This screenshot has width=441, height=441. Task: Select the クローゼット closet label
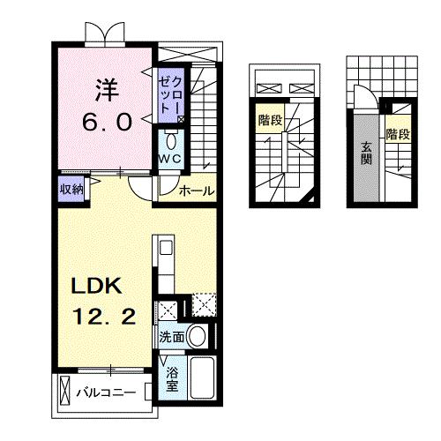click(x=168, y=93)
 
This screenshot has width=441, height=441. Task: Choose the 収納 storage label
click(x=71, y=189)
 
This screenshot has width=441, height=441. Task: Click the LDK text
click(x=101, y=287)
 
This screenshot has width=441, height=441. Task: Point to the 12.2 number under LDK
click(x=104, y=317)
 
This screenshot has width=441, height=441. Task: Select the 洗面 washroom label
click(x=172, y=336)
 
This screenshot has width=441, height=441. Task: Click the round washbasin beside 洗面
click(x=198, y=336)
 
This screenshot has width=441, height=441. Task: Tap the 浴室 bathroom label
click(x=172, y=377)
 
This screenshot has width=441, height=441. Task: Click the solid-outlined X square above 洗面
click(x=167, y=310)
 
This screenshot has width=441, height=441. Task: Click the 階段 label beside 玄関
click(x=398, y=134)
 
